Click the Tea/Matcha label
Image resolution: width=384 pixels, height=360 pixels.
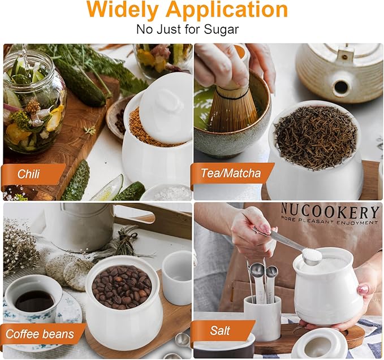point(231,174)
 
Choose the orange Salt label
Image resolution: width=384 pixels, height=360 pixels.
point(220,331)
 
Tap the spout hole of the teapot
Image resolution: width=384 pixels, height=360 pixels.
point(341,86)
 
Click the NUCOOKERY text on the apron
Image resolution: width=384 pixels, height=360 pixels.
point(329,211)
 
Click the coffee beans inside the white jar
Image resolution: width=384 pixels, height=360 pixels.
point(122,287)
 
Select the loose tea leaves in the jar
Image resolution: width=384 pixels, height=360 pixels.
point(316,137)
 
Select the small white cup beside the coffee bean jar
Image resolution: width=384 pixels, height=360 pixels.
point(177,278)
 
